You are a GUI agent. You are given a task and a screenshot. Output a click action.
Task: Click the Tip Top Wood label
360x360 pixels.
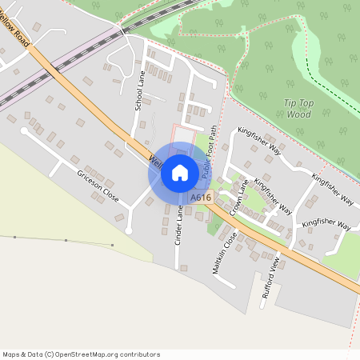(x=298, y=108)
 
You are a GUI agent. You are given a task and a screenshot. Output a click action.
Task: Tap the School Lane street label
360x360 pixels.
(x=140, y=90)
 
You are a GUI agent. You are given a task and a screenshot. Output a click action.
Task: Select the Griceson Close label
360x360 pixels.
(x=98, y=186)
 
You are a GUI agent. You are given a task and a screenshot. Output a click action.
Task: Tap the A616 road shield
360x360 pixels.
(x=200, y=198)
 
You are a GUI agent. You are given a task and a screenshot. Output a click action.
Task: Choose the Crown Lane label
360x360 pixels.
(x=238, y=198)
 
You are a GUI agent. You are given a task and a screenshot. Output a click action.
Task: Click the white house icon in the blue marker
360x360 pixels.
(x=179, y=172)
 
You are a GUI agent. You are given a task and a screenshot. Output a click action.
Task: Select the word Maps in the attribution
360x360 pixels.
(x=11, y=354)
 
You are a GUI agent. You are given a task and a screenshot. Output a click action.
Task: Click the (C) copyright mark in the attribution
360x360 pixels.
(x=50, y=354)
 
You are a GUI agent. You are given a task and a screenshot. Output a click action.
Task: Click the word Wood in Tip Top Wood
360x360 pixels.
(x=298, y=114)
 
